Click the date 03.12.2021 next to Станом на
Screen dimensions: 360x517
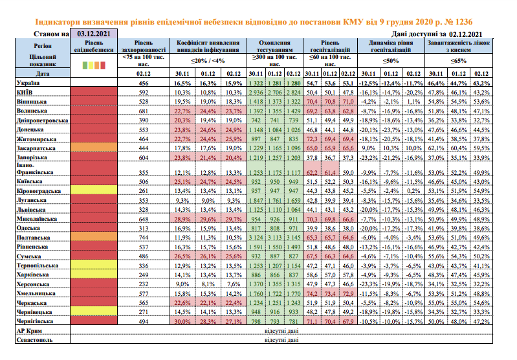tap(93, 32)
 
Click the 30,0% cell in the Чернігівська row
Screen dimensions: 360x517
tap(184, 321)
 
